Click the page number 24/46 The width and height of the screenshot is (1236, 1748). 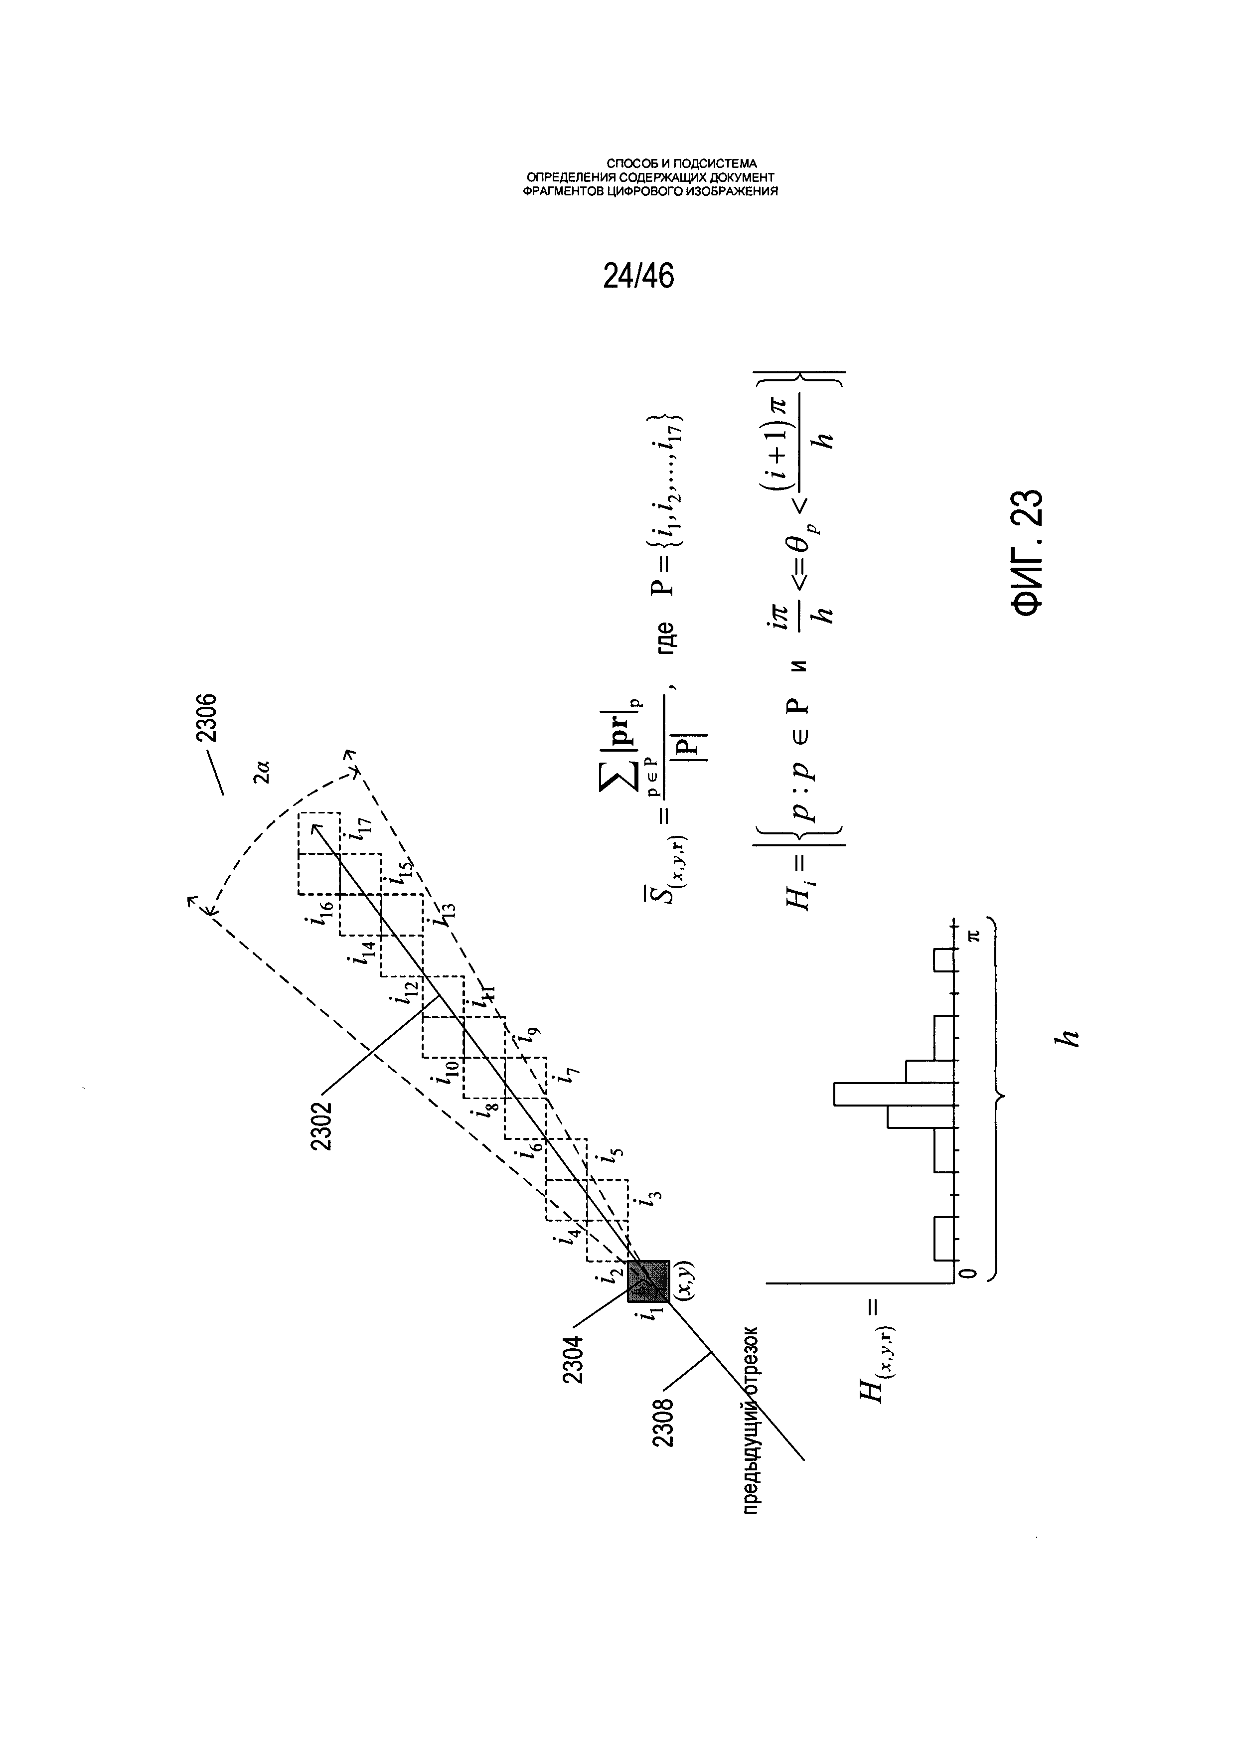point(638,276)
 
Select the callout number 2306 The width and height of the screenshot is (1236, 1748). point(205,718)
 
